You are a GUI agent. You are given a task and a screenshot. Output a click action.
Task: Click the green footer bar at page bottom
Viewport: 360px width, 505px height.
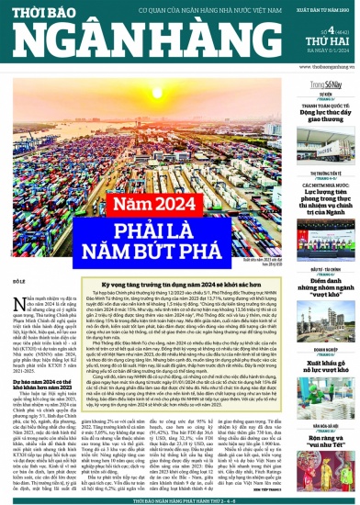coord(180,499)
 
